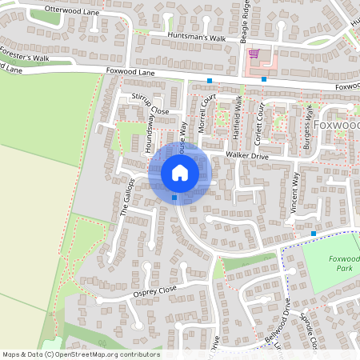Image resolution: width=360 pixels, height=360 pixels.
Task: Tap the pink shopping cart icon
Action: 254,54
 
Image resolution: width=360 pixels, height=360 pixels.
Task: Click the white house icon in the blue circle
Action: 180,172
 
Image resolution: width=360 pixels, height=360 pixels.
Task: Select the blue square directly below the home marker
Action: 174,197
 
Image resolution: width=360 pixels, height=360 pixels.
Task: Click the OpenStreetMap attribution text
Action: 81,354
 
